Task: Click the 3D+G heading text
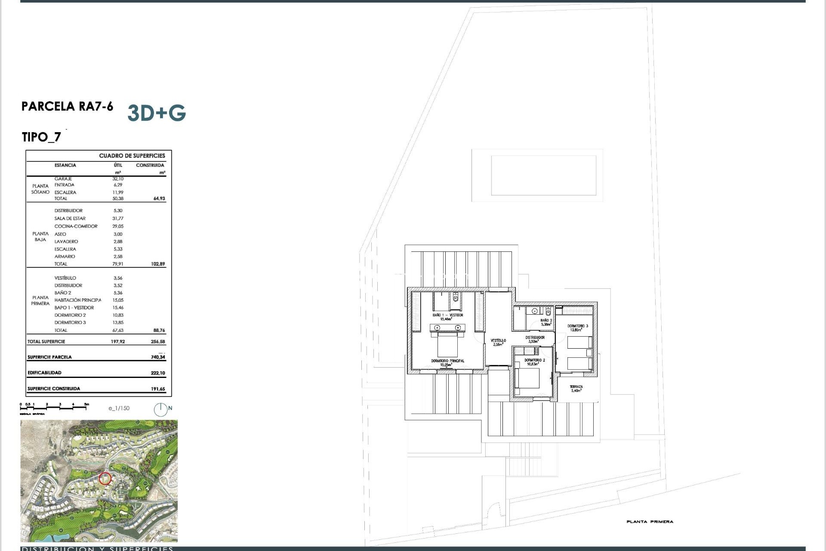[157, 113]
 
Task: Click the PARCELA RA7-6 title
[68, 106]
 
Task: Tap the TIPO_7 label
[41, 137]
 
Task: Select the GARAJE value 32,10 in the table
[118, 179]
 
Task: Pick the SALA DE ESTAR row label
[70, 218]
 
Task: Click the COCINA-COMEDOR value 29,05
[118, 226]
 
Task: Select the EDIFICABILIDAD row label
[44, 373]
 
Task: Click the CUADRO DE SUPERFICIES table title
[132, 156]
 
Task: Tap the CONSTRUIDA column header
[150, 165]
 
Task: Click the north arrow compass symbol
[161, 409]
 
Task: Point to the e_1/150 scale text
[119, 408]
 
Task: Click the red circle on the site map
[105, 478]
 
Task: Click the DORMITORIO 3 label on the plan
[577, 326]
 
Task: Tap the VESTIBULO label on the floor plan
[498, 341]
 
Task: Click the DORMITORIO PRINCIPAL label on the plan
[447, 361]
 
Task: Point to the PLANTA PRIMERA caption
[650, 522]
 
